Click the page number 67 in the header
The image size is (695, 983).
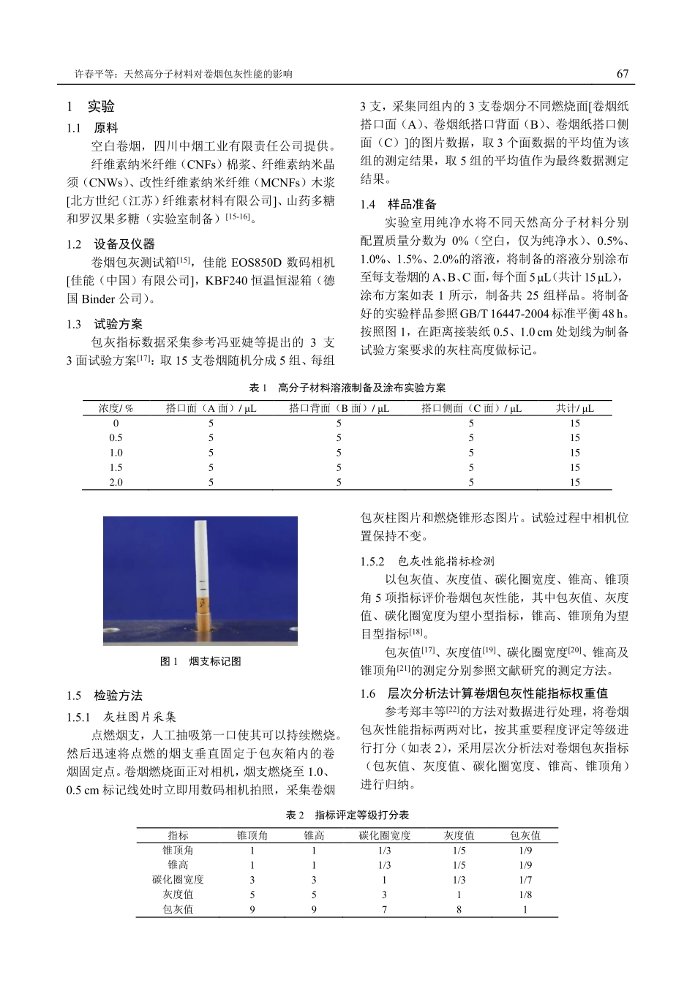click(622, 74)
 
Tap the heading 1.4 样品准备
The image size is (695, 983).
click(399, 204)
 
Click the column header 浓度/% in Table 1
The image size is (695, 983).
click(116, 408)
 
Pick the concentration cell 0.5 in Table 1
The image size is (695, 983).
click(116, 438)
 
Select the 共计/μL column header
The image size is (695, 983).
click(574, 408)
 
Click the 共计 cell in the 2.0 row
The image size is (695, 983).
click(574, 482)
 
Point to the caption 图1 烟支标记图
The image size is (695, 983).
click(200, 661)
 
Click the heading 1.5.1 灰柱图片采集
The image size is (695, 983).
click(121, 717)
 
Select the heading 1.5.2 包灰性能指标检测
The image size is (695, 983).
click(427, 561)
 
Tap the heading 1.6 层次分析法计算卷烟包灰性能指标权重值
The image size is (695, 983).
click(484, 693)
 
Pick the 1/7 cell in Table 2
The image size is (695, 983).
click(525, 880)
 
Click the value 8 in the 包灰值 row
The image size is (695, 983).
click(459, 909)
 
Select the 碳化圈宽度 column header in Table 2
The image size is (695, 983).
click(384, 835)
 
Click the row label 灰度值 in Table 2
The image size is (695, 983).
click(178, 895)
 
